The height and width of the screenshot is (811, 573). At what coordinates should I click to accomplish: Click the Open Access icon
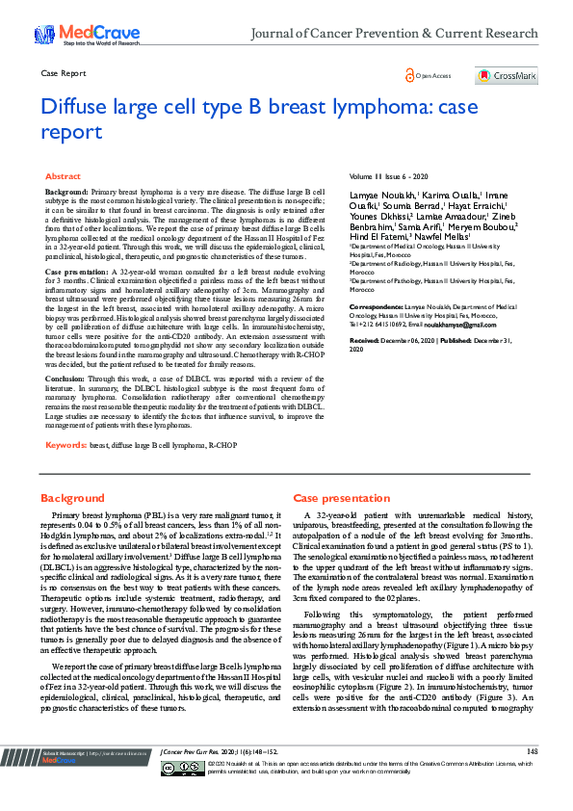tap(410, 75)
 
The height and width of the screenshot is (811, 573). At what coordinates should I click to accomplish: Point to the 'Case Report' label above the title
tap(63, 73)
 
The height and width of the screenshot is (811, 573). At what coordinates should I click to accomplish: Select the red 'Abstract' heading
tap(64, 177)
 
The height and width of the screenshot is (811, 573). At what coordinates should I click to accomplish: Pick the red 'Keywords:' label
tap(65, 445)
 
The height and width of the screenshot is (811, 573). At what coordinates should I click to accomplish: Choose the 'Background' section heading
tap(71, 498)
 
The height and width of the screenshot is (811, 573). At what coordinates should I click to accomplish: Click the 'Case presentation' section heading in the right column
tap(338, 498)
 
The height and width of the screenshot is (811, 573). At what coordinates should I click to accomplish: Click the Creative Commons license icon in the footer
tap(196, 793)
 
